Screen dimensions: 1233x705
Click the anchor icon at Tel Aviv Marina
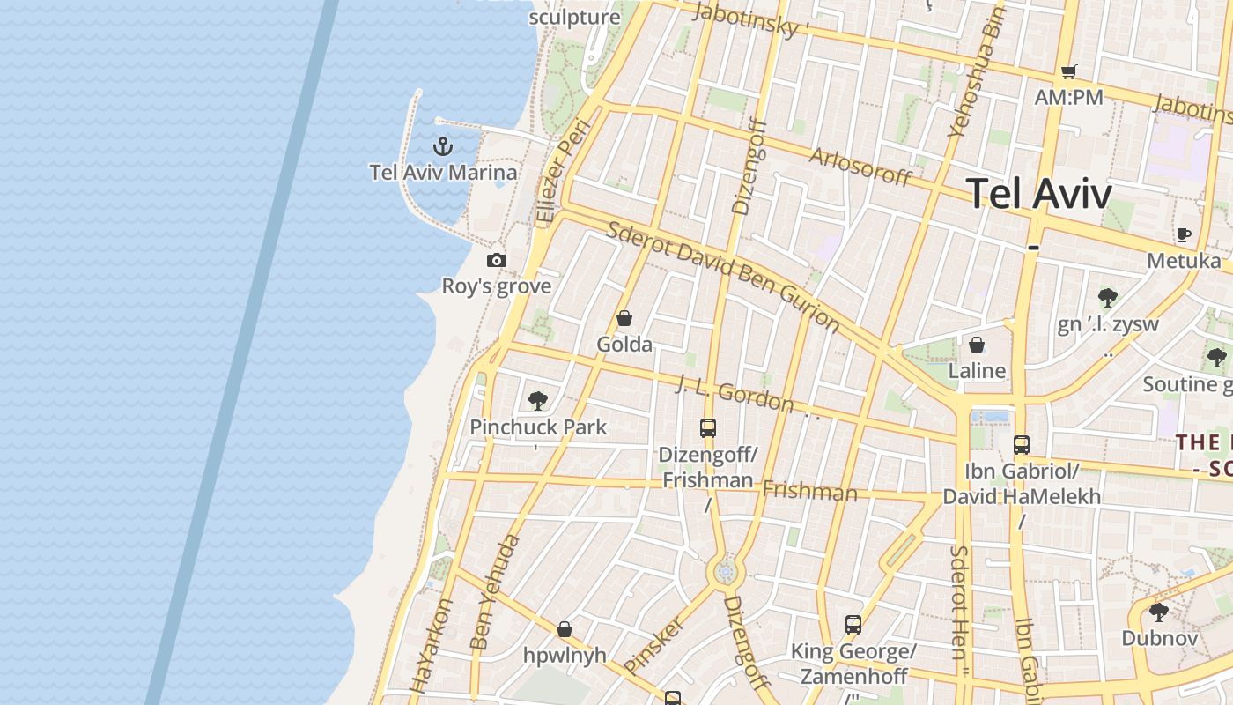coord(443,145)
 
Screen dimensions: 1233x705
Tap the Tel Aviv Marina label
coord(443,172)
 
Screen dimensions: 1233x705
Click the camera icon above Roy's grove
coord(497,260)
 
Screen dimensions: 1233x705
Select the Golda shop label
coord(624,345)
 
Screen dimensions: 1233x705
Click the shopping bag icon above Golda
coord(624,318)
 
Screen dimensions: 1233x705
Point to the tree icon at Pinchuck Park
coord(537,401)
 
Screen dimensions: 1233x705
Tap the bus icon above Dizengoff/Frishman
coord(708,428)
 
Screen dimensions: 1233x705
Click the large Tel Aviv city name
coord(1040,194)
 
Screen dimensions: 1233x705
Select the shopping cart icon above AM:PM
coord(1068,71)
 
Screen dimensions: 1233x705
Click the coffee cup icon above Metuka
coord(1184,234)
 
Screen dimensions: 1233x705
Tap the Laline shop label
coord(977,371)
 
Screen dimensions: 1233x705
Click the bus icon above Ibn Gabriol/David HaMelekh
coord(1022,445)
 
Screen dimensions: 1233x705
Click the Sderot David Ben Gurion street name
coord(723,277)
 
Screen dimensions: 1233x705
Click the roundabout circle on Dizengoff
coord(726,574)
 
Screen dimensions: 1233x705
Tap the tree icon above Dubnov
coord(1159,611)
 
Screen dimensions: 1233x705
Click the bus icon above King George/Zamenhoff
coord(853,625)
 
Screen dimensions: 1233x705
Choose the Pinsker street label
coord(653,644)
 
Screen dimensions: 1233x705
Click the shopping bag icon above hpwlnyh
coord(565,629)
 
